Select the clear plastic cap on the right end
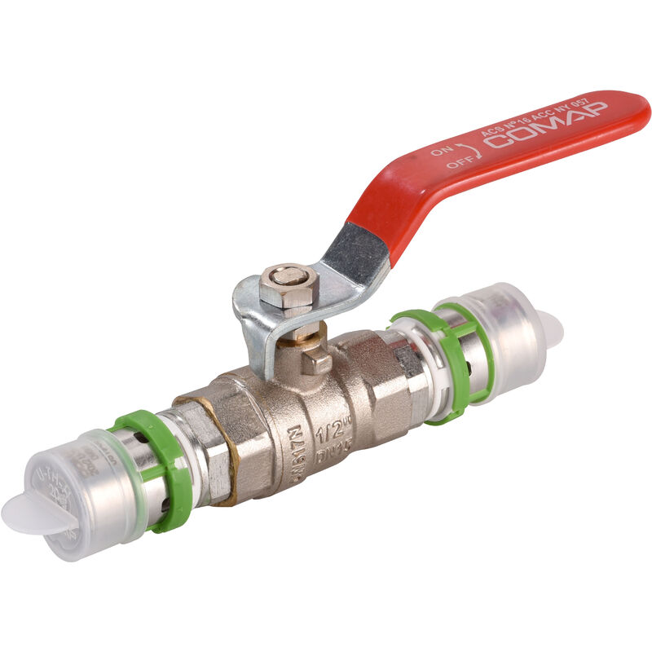pyautogui.click(x=505, y=322)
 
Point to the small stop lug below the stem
pyautogui.click(x=315, y=359)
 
